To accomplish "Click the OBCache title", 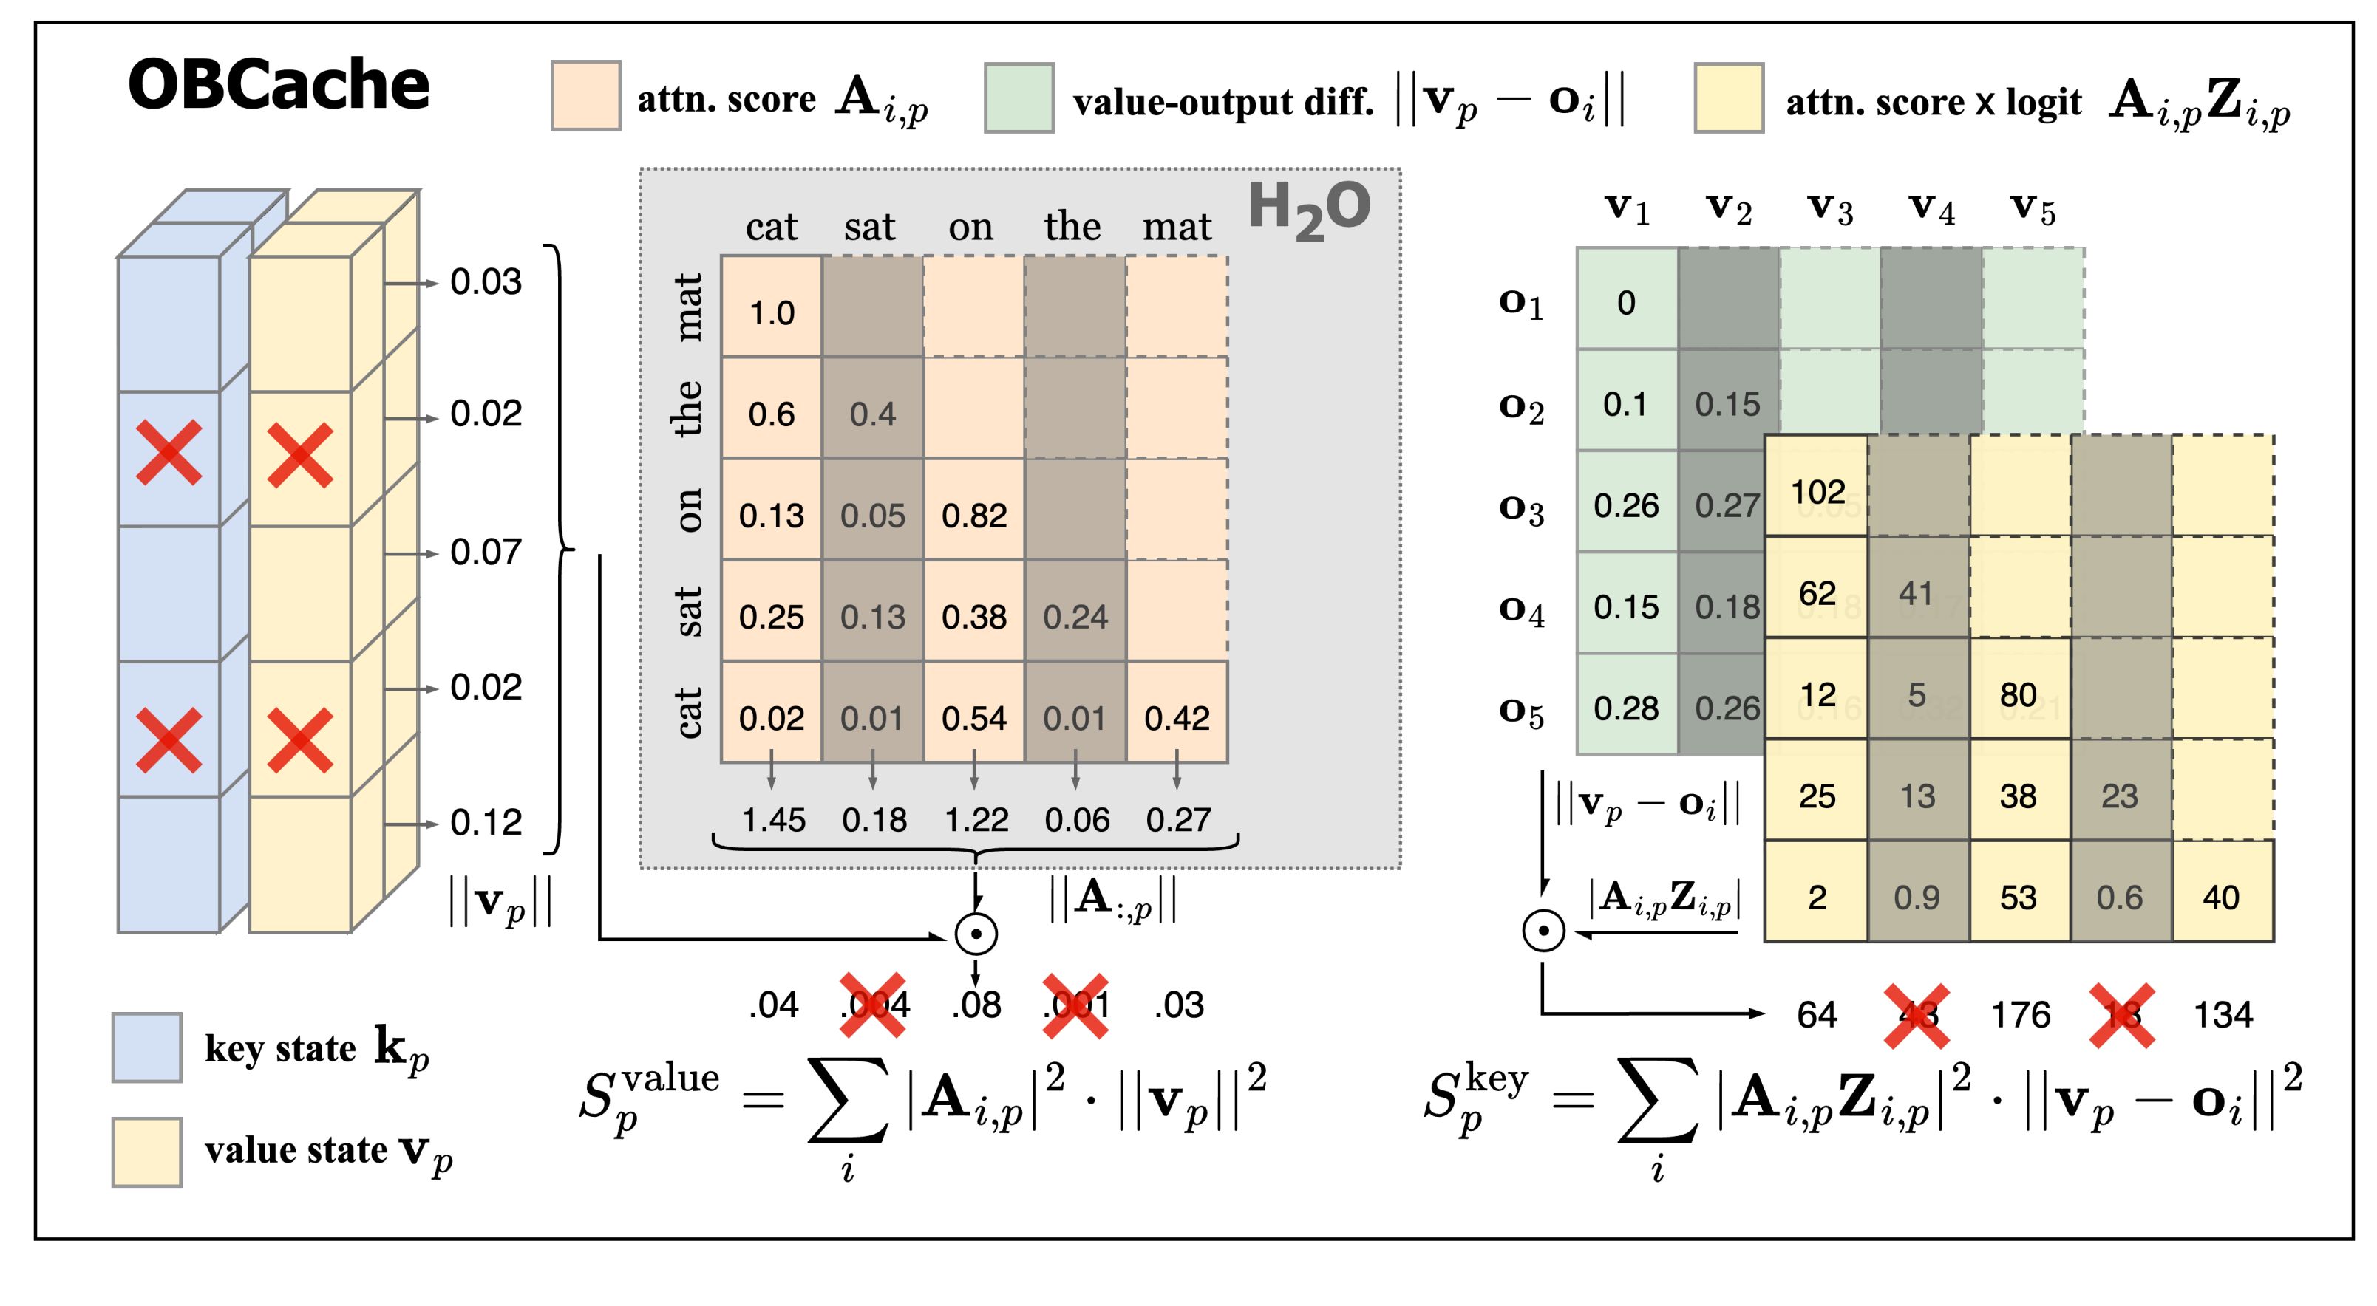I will [279, 85].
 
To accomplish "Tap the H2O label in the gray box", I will [1308, 211].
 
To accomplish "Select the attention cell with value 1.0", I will [772, 312].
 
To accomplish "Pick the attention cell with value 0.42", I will [1177, 717].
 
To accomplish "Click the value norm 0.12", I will [486, 821].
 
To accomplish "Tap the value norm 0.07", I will [486, 552].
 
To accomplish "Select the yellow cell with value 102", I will [1817, 491].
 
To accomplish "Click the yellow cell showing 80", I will [2018, 694].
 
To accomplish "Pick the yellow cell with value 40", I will [2221, 897].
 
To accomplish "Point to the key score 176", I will [2020, 1014].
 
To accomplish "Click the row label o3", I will [1520, 509].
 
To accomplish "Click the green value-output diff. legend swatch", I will [1019, 98].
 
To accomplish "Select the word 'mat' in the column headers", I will [1177, 227].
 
